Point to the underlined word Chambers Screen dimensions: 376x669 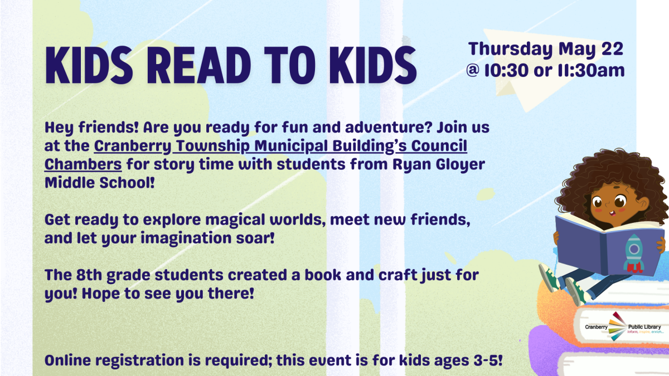[83, 165]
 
